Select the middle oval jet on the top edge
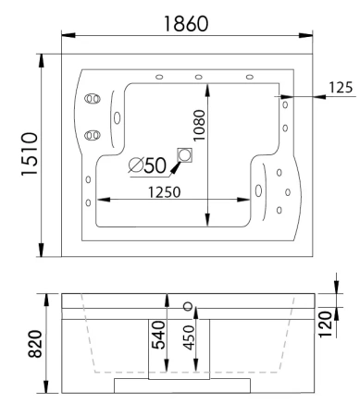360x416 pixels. (198, 77)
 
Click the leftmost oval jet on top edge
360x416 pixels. (159, 77)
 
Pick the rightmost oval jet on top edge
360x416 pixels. (249, 77)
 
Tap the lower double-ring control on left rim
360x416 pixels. (91, 136)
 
